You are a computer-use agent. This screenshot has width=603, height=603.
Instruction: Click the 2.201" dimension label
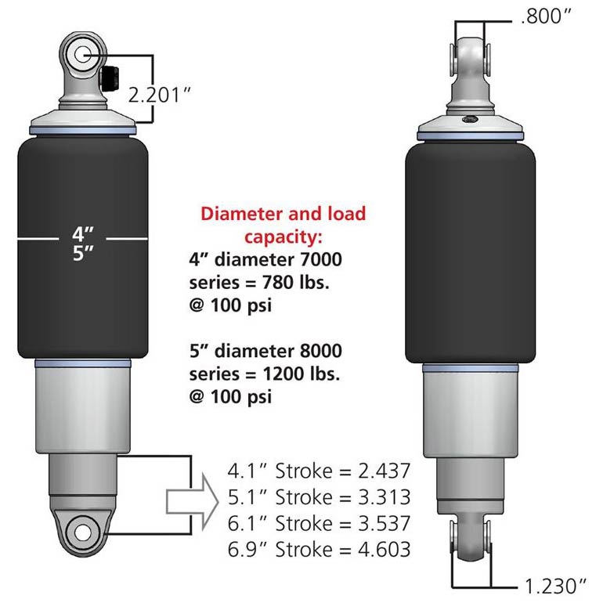click(159, 95)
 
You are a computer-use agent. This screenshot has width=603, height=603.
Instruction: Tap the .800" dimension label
click(546, 16)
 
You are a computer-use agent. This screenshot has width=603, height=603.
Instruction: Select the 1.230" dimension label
click(556, 586)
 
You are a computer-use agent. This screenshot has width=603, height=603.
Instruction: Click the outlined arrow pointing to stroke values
click(193, 502)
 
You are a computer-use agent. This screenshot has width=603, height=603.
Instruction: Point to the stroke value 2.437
click(385, 471)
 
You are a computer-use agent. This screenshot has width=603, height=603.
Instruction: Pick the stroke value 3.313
click(385, 496)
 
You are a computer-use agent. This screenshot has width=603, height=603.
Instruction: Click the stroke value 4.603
click(385, 549)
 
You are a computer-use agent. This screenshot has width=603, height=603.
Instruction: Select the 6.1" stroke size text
click(247, 523)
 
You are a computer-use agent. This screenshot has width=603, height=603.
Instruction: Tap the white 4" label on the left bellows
click(83, 234)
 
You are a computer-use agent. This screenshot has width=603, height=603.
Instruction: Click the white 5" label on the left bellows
click(83, 254)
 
